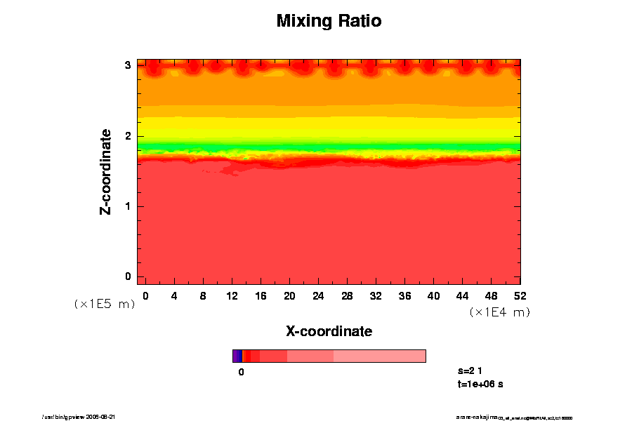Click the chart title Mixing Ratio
(x=329, y=21)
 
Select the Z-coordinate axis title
(x=106, y=171)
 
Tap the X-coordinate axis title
(x=329, y=330)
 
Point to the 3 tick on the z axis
(x=128, y=65)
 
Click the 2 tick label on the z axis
(x=128, y=136)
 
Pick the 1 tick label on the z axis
(x=128, y=206)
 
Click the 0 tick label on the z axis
(x=128, y=276)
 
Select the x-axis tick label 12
(x=232, y=295)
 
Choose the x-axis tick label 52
(x=520, y=295)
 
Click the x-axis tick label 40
(x=433, y=295)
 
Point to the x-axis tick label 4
(x=174, y=295)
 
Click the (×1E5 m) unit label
(x=104, y=305)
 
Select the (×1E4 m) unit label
(x=499, y=312)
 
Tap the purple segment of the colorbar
(x=237, y=356)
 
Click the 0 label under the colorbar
(x=241, y=373)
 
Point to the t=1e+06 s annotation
(x=480, y=384)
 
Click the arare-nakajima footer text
(x=514, y=417)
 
